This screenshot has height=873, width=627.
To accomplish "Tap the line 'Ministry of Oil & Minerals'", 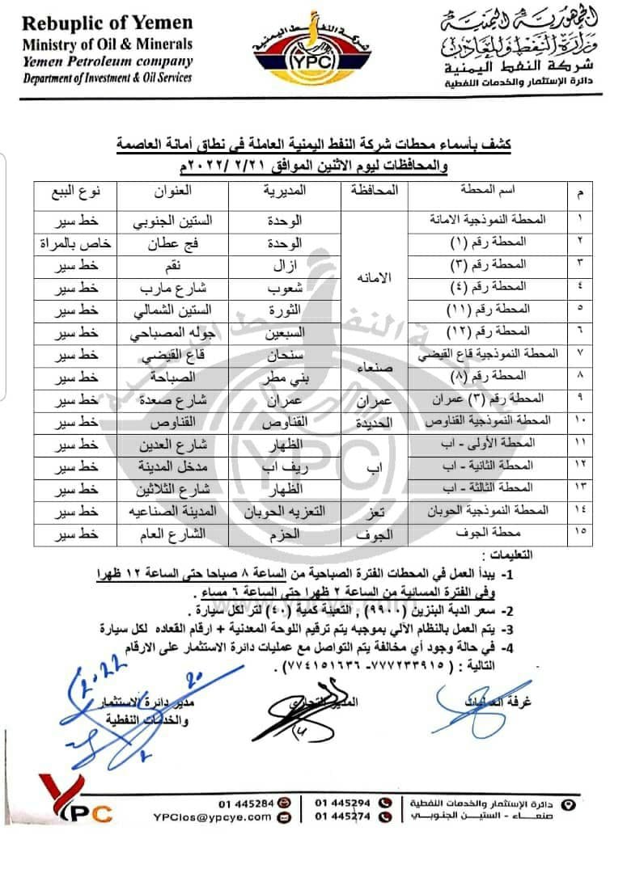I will (108, 44).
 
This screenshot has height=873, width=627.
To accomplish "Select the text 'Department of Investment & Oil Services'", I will (108, 78).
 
